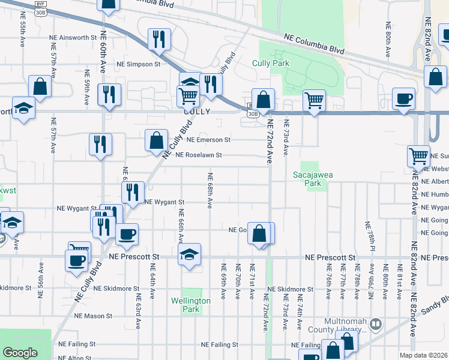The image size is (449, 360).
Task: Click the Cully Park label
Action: coord(271,63)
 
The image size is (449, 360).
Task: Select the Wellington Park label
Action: coord(190,305)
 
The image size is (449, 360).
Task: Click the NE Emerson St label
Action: coord(208,140)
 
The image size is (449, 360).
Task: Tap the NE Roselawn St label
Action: coord(199,155)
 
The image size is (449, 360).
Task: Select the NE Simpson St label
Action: coord(139,64)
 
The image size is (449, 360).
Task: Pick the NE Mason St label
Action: coord(94,315)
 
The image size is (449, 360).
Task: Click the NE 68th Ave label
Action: coord(210,191)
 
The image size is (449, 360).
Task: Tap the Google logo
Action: coord(20,353)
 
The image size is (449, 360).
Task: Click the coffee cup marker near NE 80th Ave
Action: coord(403,98)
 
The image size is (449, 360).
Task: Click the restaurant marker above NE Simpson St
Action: coord(159,39)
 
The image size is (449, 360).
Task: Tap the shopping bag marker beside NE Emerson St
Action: coord(156,140)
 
